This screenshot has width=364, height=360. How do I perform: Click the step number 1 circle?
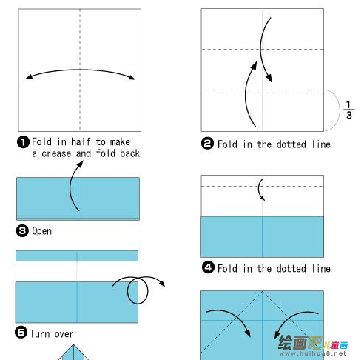click(x=23, y=142)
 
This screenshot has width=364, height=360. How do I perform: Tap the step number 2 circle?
click(x=207, y=144)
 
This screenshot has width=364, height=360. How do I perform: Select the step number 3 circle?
click(x=22, y=231)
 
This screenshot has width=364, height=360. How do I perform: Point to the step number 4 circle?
click(x=208, y=267)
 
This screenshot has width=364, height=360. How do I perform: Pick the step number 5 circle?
click(x=21, y=332)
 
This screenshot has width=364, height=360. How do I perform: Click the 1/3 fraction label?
click(x=348, y=110)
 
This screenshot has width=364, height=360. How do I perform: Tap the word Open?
click(x=42, y=231)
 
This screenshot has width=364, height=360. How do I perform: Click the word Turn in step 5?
click(x=40, y=334)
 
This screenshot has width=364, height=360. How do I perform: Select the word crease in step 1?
click(x=56, y=154)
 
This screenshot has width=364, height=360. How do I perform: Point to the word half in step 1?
click(x=81, y=142)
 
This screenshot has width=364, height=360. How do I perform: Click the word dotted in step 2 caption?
click(x=291, y=144)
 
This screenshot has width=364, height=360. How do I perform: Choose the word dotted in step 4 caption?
click(x=291, y=269)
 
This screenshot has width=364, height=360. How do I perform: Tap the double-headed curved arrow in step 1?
click(x=80, y=70)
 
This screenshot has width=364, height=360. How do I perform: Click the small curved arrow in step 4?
click(x=259, y=189)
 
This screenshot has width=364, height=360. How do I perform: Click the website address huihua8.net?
click(x=312, y=353)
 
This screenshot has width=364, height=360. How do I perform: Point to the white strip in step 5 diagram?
click(x=77, y=271)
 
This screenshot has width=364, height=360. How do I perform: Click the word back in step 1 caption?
click(x=129, y=153)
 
